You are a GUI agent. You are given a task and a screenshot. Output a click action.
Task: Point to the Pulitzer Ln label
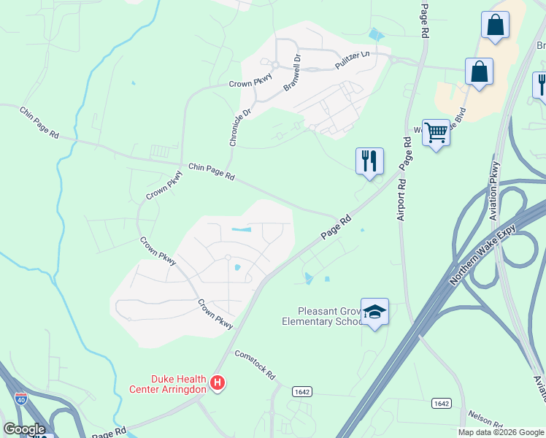click(353, 60)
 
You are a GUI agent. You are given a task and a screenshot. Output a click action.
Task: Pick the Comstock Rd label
click(255, 364)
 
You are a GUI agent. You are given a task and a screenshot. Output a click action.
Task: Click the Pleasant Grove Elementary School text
click(322, 316)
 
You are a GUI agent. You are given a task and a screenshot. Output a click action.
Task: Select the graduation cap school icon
click(375, 312)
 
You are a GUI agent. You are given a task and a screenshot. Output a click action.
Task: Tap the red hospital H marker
click(217, 383)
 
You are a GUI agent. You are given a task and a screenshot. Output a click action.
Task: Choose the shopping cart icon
click(436, 133)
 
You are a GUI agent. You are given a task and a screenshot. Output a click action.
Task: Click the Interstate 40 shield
click(20, 399)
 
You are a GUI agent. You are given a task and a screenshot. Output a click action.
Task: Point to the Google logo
click(23, 429)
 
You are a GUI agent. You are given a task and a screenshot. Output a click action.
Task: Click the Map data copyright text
click(500, 432)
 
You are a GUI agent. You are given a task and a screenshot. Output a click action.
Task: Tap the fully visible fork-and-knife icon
click(369, 161)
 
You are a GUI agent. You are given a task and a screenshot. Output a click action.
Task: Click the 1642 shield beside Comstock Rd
click(302, 392)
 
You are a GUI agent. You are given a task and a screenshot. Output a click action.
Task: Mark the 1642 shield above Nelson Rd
click(441, 404)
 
